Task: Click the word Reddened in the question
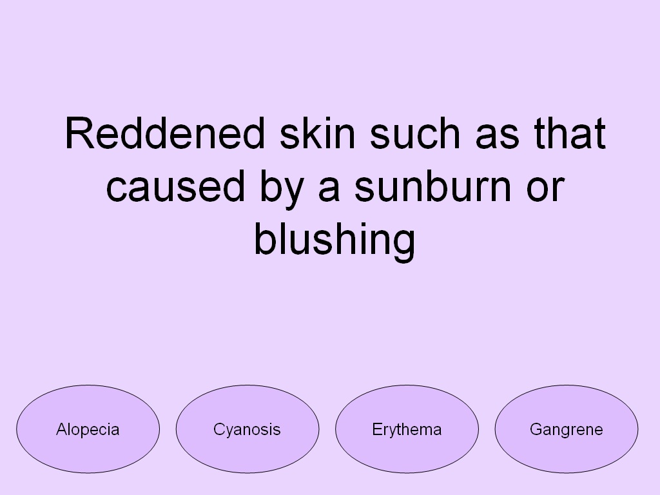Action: point(165,134)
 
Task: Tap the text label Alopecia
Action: point(88,429)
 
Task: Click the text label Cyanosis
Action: point(247,429)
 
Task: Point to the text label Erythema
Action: point(407,429)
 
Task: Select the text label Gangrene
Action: point(567,429)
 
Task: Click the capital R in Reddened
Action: point(79,134)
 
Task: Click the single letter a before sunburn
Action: point(329,188)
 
